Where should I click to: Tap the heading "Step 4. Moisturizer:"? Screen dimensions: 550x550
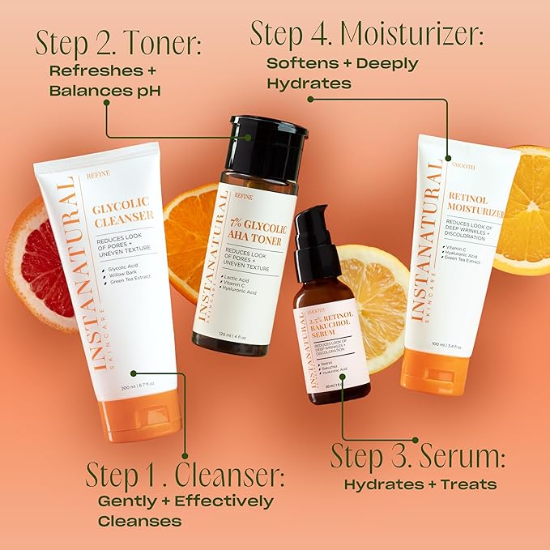[x=366, y=34]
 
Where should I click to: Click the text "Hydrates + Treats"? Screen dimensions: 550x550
[x=420, y=484]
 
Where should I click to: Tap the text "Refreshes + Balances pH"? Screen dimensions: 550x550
[x=104, y=80]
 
